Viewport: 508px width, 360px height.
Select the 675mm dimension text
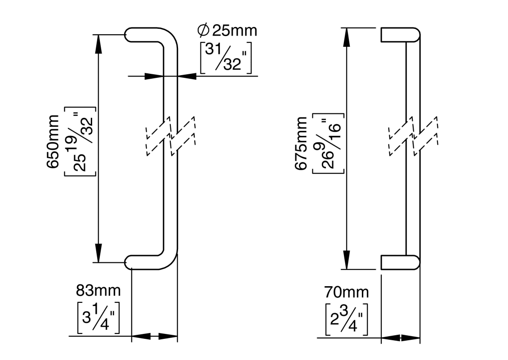click(x=301, y=144)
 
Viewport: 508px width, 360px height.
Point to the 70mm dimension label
click(x=346, y=292)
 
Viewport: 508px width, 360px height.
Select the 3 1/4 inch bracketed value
click(x=98, y=317)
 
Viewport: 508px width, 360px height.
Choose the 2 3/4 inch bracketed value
click(x=346, y=319)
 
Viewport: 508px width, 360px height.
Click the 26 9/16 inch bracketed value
click(x=329, y=144)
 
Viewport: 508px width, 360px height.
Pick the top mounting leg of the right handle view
click(x=400, y=35)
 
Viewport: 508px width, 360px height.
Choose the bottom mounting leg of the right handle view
click(x=400, y=262)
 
